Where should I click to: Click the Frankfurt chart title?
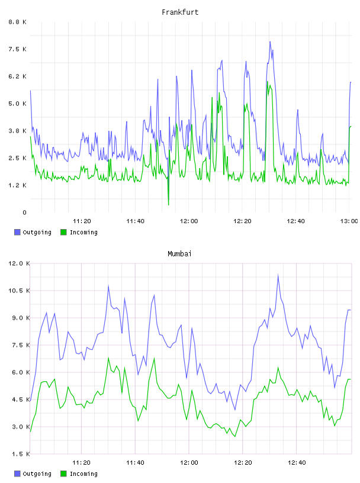(x=180, y=12)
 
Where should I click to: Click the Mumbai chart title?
(x=179, y=254)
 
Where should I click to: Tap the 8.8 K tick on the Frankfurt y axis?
(x=18, y=22)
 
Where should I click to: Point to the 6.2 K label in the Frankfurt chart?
(x=18, y=76)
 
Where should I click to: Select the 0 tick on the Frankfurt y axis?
(x=24, y=212)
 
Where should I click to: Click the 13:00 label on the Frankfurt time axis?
(x=349, y=221)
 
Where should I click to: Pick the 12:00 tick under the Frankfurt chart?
(x=189, y=221)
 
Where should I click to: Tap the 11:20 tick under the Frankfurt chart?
(x=82, y=221)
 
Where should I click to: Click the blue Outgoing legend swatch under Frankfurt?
(x=17, y=232)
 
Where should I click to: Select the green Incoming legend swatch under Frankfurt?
(x=63, y=232)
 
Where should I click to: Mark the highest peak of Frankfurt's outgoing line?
(x=270, y=41)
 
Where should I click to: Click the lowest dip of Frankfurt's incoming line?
(x=168, y=205)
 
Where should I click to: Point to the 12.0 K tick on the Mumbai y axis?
(x=19, y=263)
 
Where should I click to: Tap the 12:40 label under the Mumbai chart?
(x=297, y=463)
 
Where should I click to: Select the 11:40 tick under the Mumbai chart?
(x=136, y=463)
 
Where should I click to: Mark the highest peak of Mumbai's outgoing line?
(x=278, y=275)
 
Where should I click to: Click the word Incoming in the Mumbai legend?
(x=83, y=474)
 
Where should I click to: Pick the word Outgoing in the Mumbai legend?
(x=37, y=474)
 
